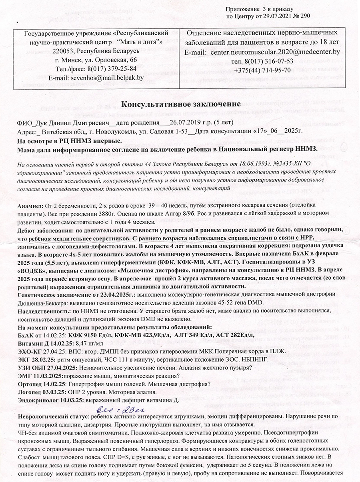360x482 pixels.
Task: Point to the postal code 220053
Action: click(x=66, y=51)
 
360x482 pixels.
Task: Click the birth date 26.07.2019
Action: click(x=187, y=122)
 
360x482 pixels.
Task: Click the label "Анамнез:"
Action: click(x=32, y=206)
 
